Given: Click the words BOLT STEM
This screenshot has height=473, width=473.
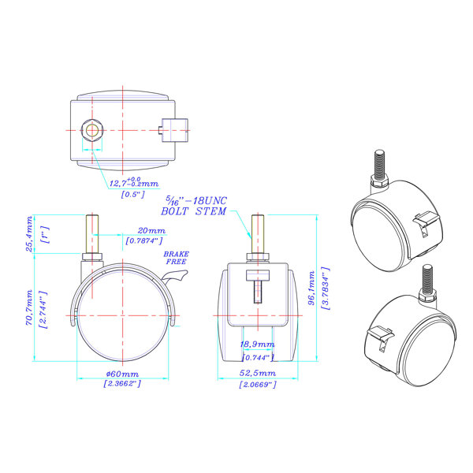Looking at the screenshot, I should click(194, 211).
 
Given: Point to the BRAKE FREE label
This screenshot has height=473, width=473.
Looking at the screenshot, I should click(176, 258).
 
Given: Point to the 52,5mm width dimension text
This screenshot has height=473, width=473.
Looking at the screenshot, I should click(259, 374).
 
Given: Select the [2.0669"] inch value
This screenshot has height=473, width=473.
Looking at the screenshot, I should click(259, 384).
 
